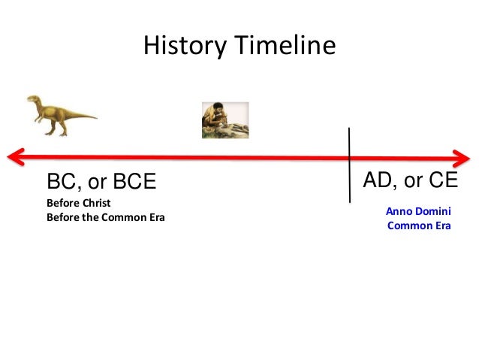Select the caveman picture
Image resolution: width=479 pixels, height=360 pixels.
click(224, 120)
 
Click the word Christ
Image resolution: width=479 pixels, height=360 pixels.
click(95, 204)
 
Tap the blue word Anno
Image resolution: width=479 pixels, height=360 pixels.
click(398, 213)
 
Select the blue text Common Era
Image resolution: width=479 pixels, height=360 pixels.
click(418, 225)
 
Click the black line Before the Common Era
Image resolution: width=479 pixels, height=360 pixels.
click(105, 218)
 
